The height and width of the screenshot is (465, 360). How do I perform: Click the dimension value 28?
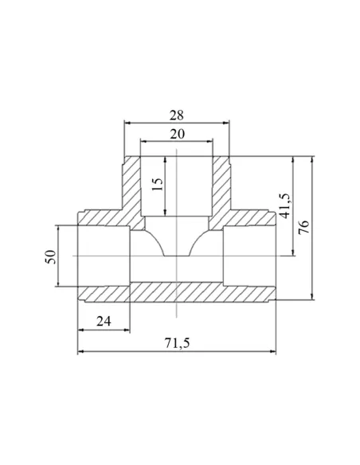pos(177,115)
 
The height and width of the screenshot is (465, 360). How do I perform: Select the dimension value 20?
pos(177,134)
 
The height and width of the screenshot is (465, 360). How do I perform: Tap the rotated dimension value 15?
pos(158,184)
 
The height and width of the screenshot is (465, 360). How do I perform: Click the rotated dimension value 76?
pos(304,228)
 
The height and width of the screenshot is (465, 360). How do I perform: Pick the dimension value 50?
pos(50,257)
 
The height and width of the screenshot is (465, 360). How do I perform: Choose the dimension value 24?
pos(104,321)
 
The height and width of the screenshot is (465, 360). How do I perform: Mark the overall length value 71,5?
pos(177,343)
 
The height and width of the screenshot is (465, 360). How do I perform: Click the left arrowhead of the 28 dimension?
pos(127,123)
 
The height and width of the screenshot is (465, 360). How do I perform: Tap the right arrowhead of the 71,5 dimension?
pos(272,351)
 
